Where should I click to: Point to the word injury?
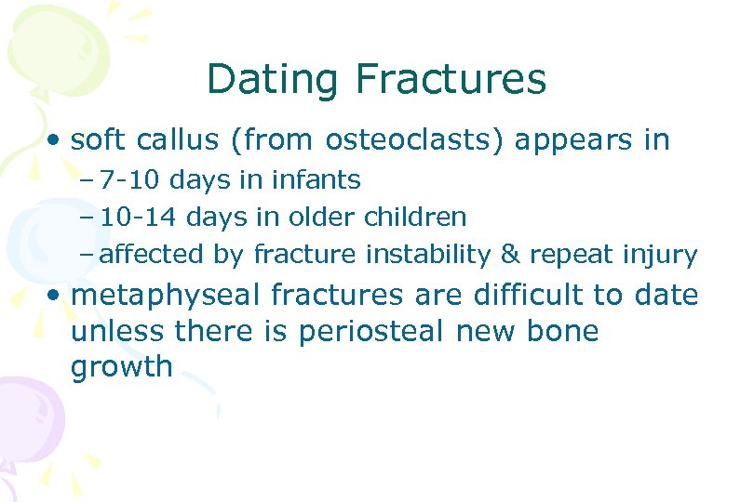tap(663, 254)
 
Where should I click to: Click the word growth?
tap(121, 367)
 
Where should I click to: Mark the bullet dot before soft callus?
tap(58, 141)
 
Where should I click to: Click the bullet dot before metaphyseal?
tap(58, 297)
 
